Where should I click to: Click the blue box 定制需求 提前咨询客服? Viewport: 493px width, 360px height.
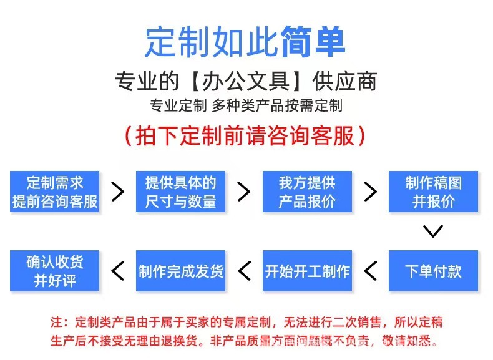[55, 192]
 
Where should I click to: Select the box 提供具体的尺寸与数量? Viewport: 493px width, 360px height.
[181, 192]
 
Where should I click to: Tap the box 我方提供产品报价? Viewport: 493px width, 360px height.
[307, 192]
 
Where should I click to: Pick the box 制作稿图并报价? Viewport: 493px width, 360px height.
[433, 192]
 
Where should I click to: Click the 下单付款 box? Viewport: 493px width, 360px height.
[433, 271]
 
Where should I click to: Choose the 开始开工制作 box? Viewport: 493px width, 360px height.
[307, 271]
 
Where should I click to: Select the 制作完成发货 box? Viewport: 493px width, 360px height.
[181, 271]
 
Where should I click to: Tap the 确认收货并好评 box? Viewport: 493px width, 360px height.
[55, 271]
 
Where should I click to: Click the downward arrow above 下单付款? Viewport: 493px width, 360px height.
[433, 231]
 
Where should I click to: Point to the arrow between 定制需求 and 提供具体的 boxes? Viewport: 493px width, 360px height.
[118, 192]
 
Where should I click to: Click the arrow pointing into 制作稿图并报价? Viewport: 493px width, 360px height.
[371, 192]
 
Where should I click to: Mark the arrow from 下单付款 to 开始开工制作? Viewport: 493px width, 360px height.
[371, 271]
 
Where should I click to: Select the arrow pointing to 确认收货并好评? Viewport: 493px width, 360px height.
[118, 271]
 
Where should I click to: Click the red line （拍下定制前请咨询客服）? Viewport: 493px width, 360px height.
[246, 135]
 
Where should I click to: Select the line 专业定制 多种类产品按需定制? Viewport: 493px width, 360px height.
[246, 105]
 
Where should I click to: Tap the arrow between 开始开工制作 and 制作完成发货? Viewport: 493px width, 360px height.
[244, 271]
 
